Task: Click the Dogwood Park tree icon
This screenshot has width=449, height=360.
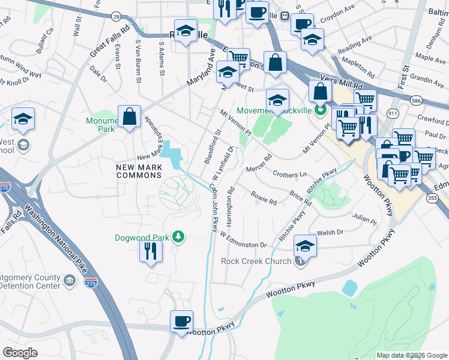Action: (x=178, y=237)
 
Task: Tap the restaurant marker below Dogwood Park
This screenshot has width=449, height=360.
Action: (x=151, y=250)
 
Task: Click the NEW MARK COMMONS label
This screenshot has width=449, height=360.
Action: (x=139, y=170)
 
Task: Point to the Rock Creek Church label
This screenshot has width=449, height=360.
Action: (x=256, y=261)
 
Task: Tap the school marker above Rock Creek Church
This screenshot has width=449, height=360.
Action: (x=305, y=246)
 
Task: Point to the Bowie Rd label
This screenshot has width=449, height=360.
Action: (x=264, y=199)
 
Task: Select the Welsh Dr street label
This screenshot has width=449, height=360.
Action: (x=330, y=232)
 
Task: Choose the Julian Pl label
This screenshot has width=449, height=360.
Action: (x=364, y=217)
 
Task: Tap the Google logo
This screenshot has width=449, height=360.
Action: (x=20, y=353)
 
